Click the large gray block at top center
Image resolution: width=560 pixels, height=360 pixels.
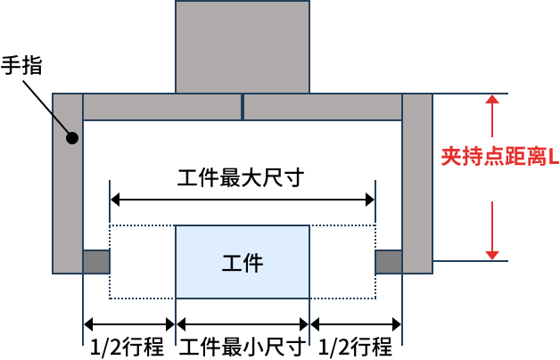pos(243,46)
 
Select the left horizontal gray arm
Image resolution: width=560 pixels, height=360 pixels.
pos(161,107)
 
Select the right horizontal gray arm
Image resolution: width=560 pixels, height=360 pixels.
pos(323,107)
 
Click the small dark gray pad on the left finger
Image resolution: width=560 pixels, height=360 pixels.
pos(96,262)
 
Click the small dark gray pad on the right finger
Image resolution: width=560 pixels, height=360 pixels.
pos(389,262)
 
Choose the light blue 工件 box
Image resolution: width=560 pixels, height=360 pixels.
pos(243,262)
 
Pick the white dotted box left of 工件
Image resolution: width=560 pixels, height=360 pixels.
pos(143,262)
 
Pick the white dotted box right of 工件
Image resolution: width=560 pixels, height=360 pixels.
pos(342,262)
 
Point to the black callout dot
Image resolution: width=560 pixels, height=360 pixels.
pos(72,138)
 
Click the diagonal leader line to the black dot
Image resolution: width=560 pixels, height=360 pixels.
pos(61,125)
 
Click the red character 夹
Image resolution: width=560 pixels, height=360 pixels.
pos(451,157)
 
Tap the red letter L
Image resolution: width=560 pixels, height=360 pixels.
pos(553,157)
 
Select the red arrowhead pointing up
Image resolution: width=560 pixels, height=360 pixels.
pos(492,99)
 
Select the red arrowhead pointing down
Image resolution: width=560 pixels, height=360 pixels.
pos(492,256)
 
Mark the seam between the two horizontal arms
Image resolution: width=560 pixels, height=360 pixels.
pos(243,107)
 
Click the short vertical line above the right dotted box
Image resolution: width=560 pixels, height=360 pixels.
pos(375,200)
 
